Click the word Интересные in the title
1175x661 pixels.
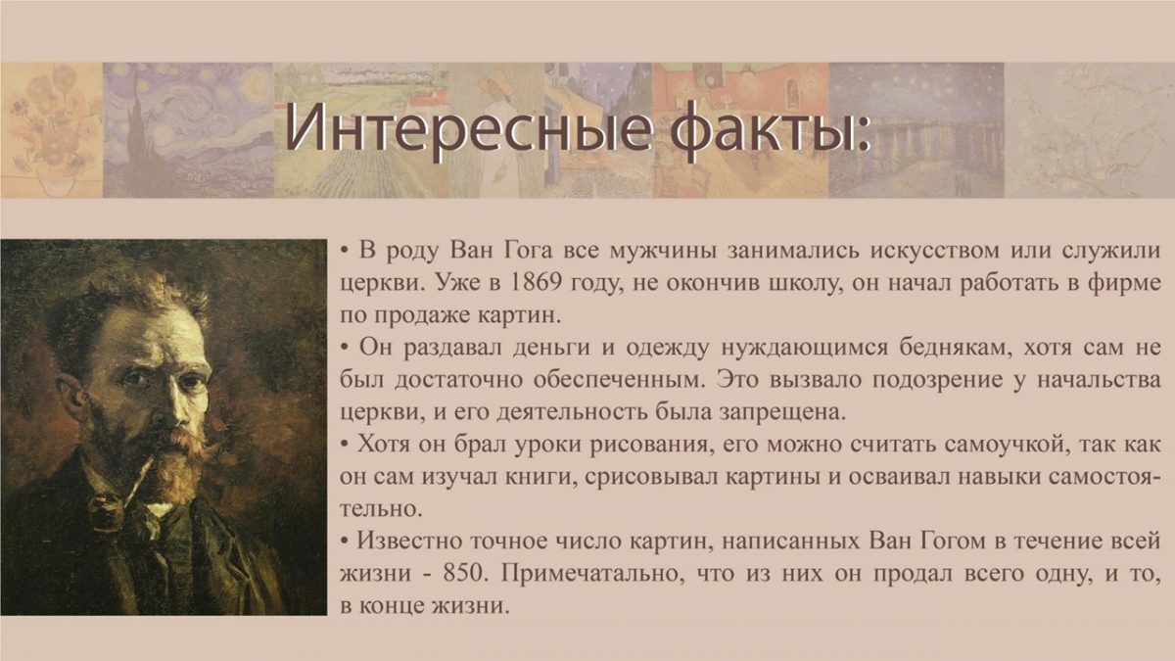[468, 128]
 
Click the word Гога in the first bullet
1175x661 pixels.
[528, 251]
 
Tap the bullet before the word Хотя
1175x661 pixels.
[344, 445]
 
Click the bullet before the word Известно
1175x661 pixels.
[344, 542]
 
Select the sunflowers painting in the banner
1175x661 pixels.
[51, 130]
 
